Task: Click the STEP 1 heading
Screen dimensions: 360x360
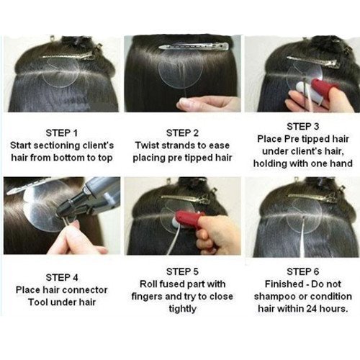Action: pos(62,133)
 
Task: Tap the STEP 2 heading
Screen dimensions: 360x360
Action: pos(182,133)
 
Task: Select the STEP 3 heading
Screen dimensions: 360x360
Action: pos(303,127)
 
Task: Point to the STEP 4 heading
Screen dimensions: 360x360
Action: pos(62,278)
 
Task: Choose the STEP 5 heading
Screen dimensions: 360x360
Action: pos(182,271)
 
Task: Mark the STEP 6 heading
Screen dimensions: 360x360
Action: pos(303,271)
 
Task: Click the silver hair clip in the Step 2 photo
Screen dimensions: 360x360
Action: pos(194,46)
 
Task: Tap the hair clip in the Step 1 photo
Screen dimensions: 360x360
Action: pos(72,53)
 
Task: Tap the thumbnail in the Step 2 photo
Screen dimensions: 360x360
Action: pos(184,103)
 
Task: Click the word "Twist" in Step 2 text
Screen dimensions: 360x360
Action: pos(147,145)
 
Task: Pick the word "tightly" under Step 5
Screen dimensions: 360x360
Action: pos(182,309)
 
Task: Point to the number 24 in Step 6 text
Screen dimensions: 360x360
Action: pos(312,309)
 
